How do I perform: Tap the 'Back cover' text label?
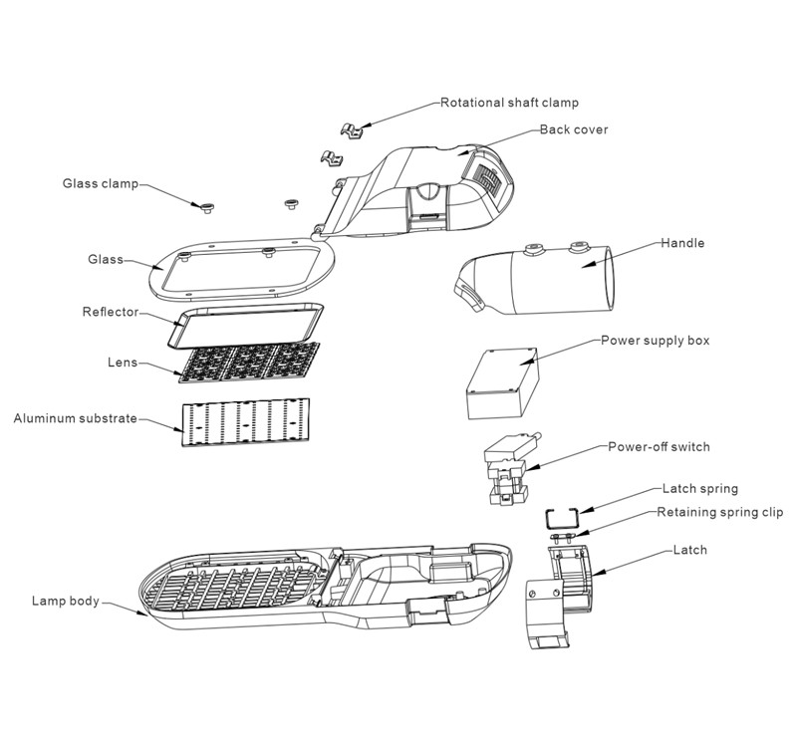click(573, 129)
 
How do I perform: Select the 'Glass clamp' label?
click(100, 183)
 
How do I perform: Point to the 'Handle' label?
click(682, 243)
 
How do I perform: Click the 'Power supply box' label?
click(655, 340)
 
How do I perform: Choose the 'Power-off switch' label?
click(659, 446)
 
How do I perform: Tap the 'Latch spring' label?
click(699, 489)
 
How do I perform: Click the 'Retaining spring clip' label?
click(719, 513)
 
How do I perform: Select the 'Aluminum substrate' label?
click(75, 418)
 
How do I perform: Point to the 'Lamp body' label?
click(65, 601)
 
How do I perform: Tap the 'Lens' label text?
click(122, 363)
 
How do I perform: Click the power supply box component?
click(503, 387)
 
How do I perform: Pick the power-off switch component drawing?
click(511, 471)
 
